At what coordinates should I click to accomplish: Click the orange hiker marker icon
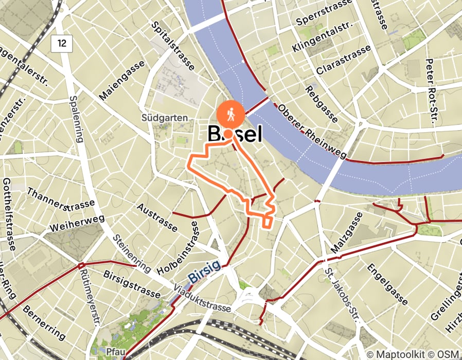pos(227,114)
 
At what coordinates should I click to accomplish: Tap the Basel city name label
pos(235,134)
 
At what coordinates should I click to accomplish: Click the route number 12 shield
pos(62,43)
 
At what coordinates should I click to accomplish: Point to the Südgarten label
pos(165,118)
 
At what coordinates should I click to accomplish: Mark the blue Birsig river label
pos(204,271)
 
